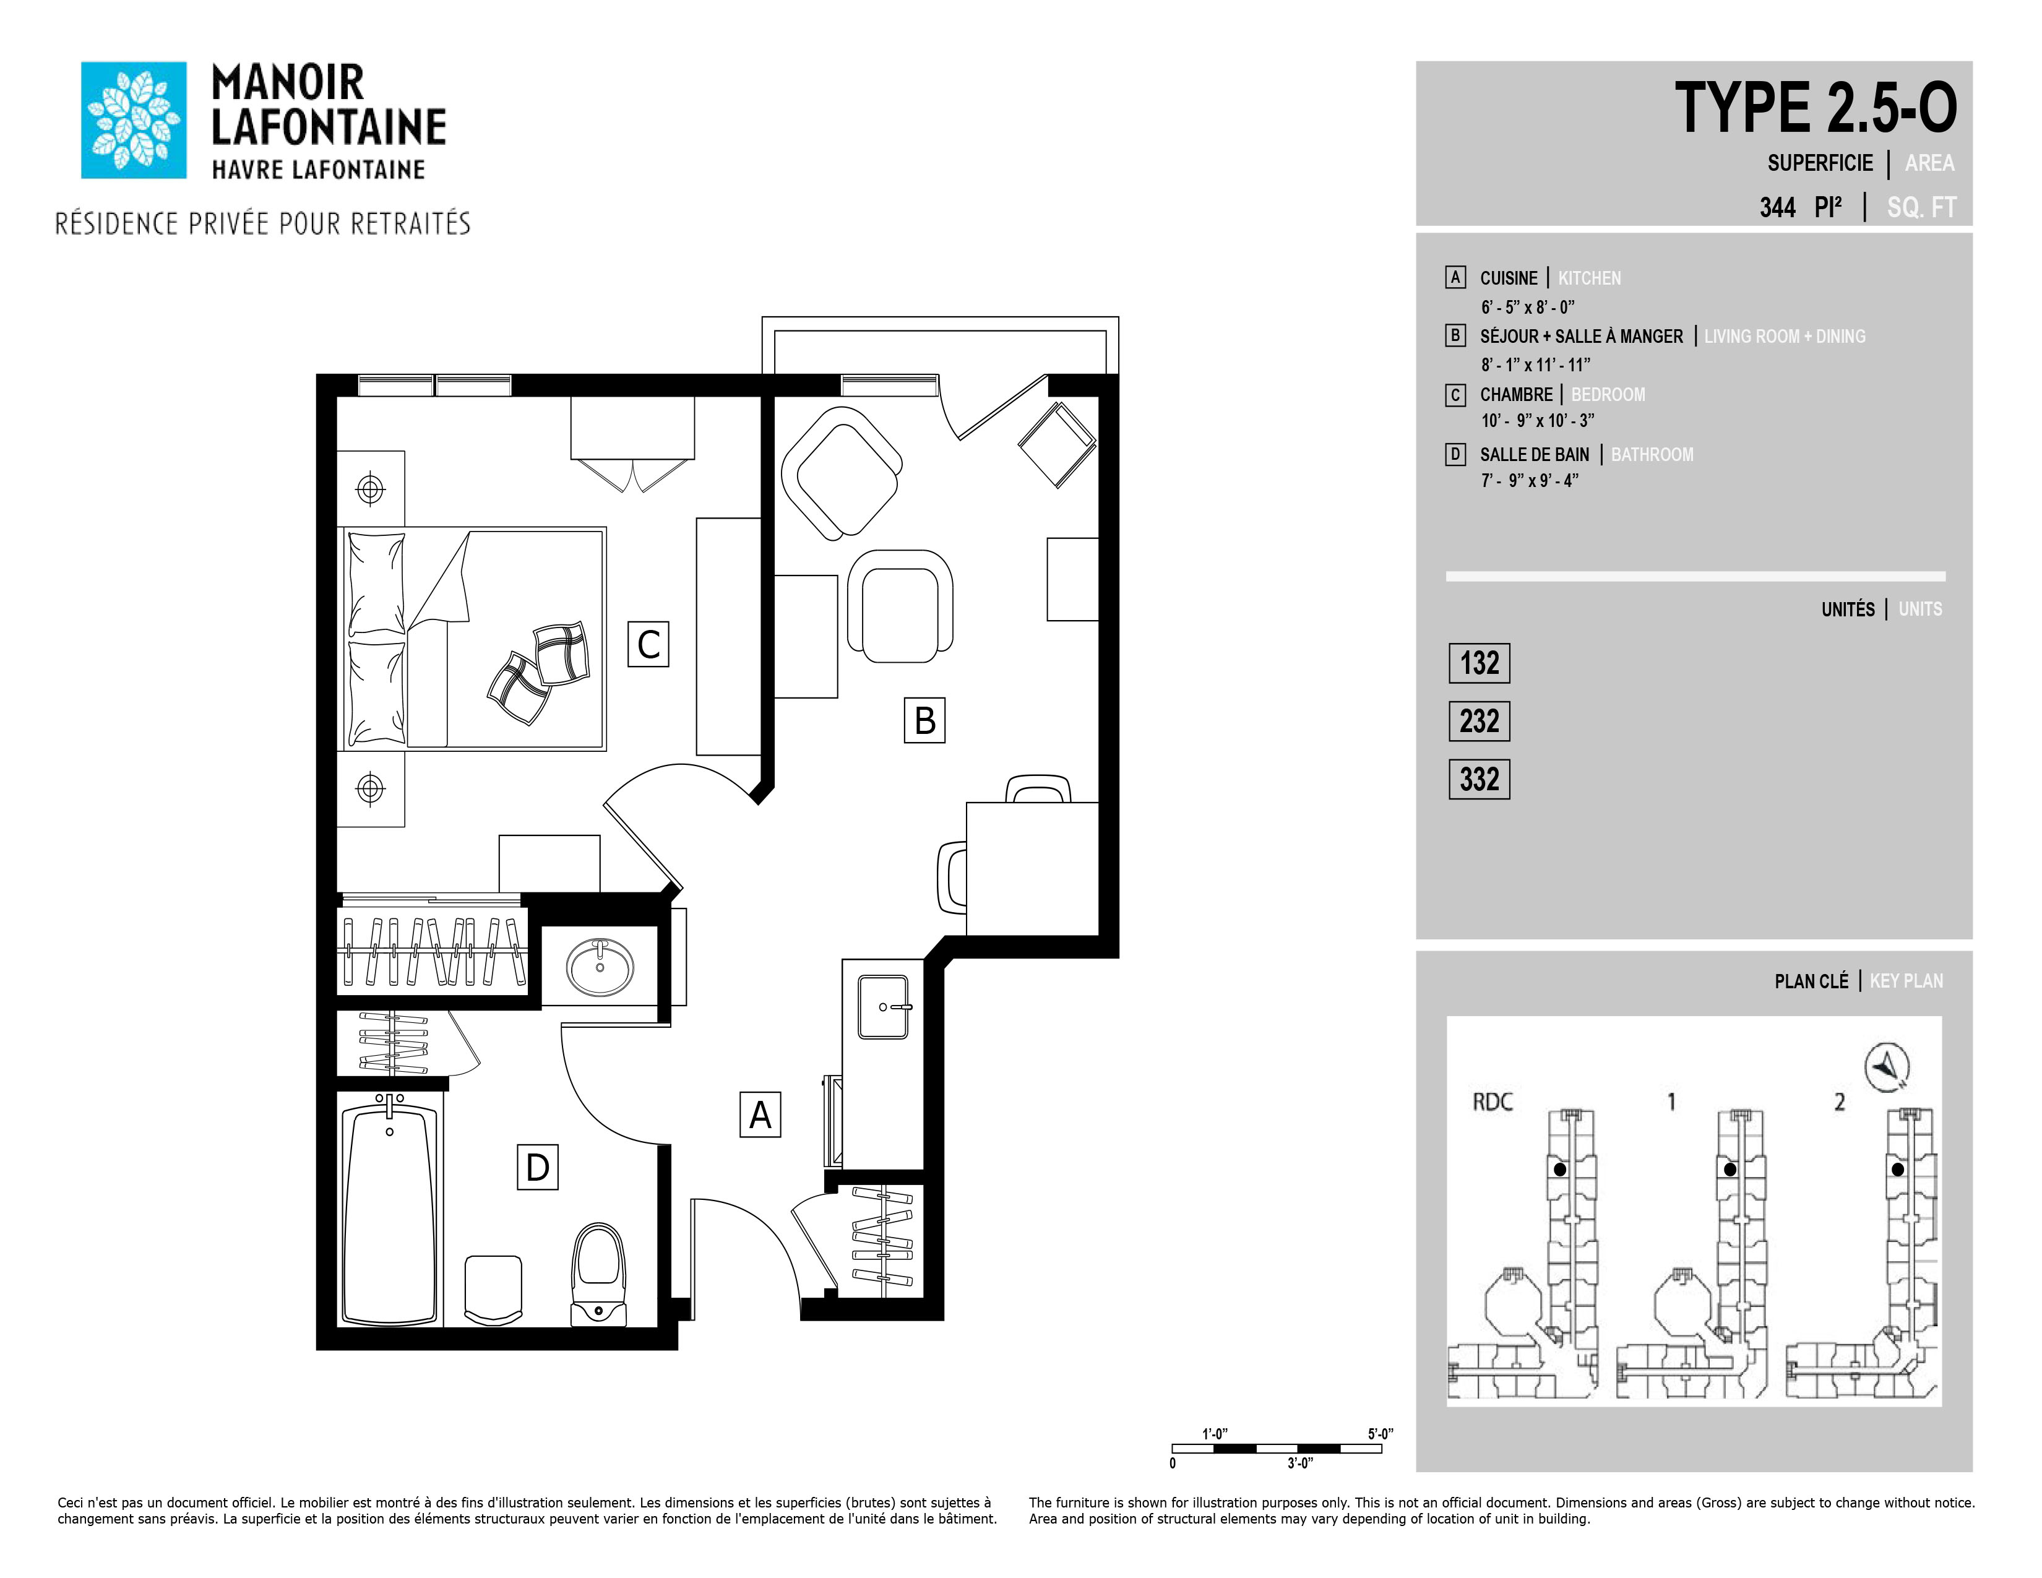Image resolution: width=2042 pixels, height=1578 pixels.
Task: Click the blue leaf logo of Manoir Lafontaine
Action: (x=134, y=119)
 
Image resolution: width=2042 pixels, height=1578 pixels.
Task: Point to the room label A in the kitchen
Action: (x=760, y=1115)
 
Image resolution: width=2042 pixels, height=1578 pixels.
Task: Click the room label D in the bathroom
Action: (x=538, y=1166)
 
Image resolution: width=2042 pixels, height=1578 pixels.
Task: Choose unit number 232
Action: (x=1479, y=722)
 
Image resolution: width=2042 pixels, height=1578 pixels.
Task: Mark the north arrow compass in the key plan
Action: (x=1887, y=1067)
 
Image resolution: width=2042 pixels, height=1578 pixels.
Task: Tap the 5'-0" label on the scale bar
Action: (x=1380, y=1434)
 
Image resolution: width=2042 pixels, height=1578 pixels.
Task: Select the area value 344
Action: (x=1777, y=207)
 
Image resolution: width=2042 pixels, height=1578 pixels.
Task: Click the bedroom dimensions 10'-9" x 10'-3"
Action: (x=1537, y=421)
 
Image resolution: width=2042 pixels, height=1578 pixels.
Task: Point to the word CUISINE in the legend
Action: (x=1508, y=278)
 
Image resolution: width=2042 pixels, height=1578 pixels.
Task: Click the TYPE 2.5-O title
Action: (x=1815, y=108)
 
